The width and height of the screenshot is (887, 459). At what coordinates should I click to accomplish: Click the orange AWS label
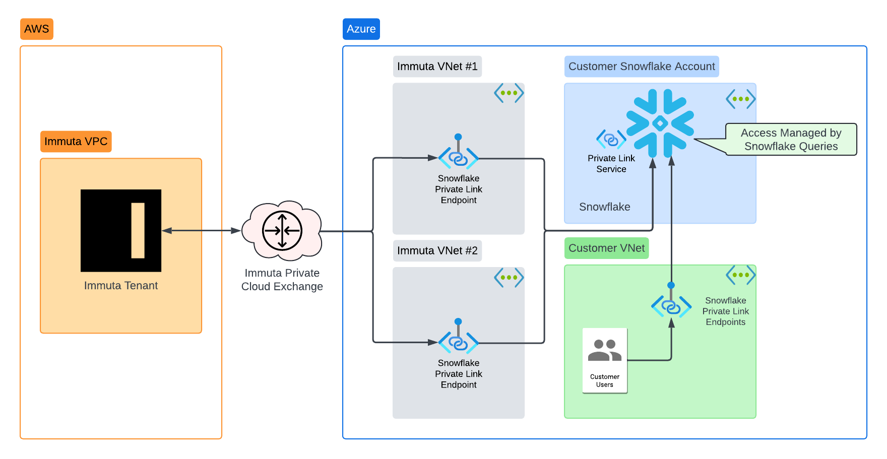36,29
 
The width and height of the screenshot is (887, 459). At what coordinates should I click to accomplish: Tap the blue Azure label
361,29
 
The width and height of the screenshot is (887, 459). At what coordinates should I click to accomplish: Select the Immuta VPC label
76,142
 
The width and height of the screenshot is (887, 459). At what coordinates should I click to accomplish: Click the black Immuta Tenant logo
121,230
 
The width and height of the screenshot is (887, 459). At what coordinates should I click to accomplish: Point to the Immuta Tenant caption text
121,286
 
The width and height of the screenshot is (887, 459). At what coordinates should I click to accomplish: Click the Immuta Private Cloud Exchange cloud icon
282,231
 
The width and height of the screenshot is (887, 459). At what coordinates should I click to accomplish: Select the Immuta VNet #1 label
437,67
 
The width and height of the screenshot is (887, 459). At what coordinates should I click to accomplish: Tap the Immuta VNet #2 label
437,251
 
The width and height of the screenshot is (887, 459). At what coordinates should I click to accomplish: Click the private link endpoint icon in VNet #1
458,158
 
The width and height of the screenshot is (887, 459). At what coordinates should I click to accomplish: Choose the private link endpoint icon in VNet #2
458,343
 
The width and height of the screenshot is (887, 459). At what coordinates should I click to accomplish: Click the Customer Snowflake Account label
642,67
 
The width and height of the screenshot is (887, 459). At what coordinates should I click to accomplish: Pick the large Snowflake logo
660,123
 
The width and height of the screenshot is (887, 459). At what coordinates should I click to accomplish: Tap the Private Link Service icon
611,139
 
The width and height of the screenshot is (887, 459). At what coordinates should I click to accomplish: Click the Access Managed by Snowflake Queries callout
791,140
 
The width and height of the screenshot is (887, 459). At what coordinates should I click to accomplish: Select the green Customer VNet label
606,248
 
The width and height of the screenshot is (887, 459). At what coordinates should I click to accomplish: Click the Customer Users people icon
605,351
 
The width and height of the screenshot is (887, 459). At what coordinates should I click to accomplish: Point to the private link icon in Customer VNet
671,306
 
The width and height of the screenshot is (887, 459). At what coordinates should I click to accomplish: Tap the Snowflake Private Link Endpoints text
725,311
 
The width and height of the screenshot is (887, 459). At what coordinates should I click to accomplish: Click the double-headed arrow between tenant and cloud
201,230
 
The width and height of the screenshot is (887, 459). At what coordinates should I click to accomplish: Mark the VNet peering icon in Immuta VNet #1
509,93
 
